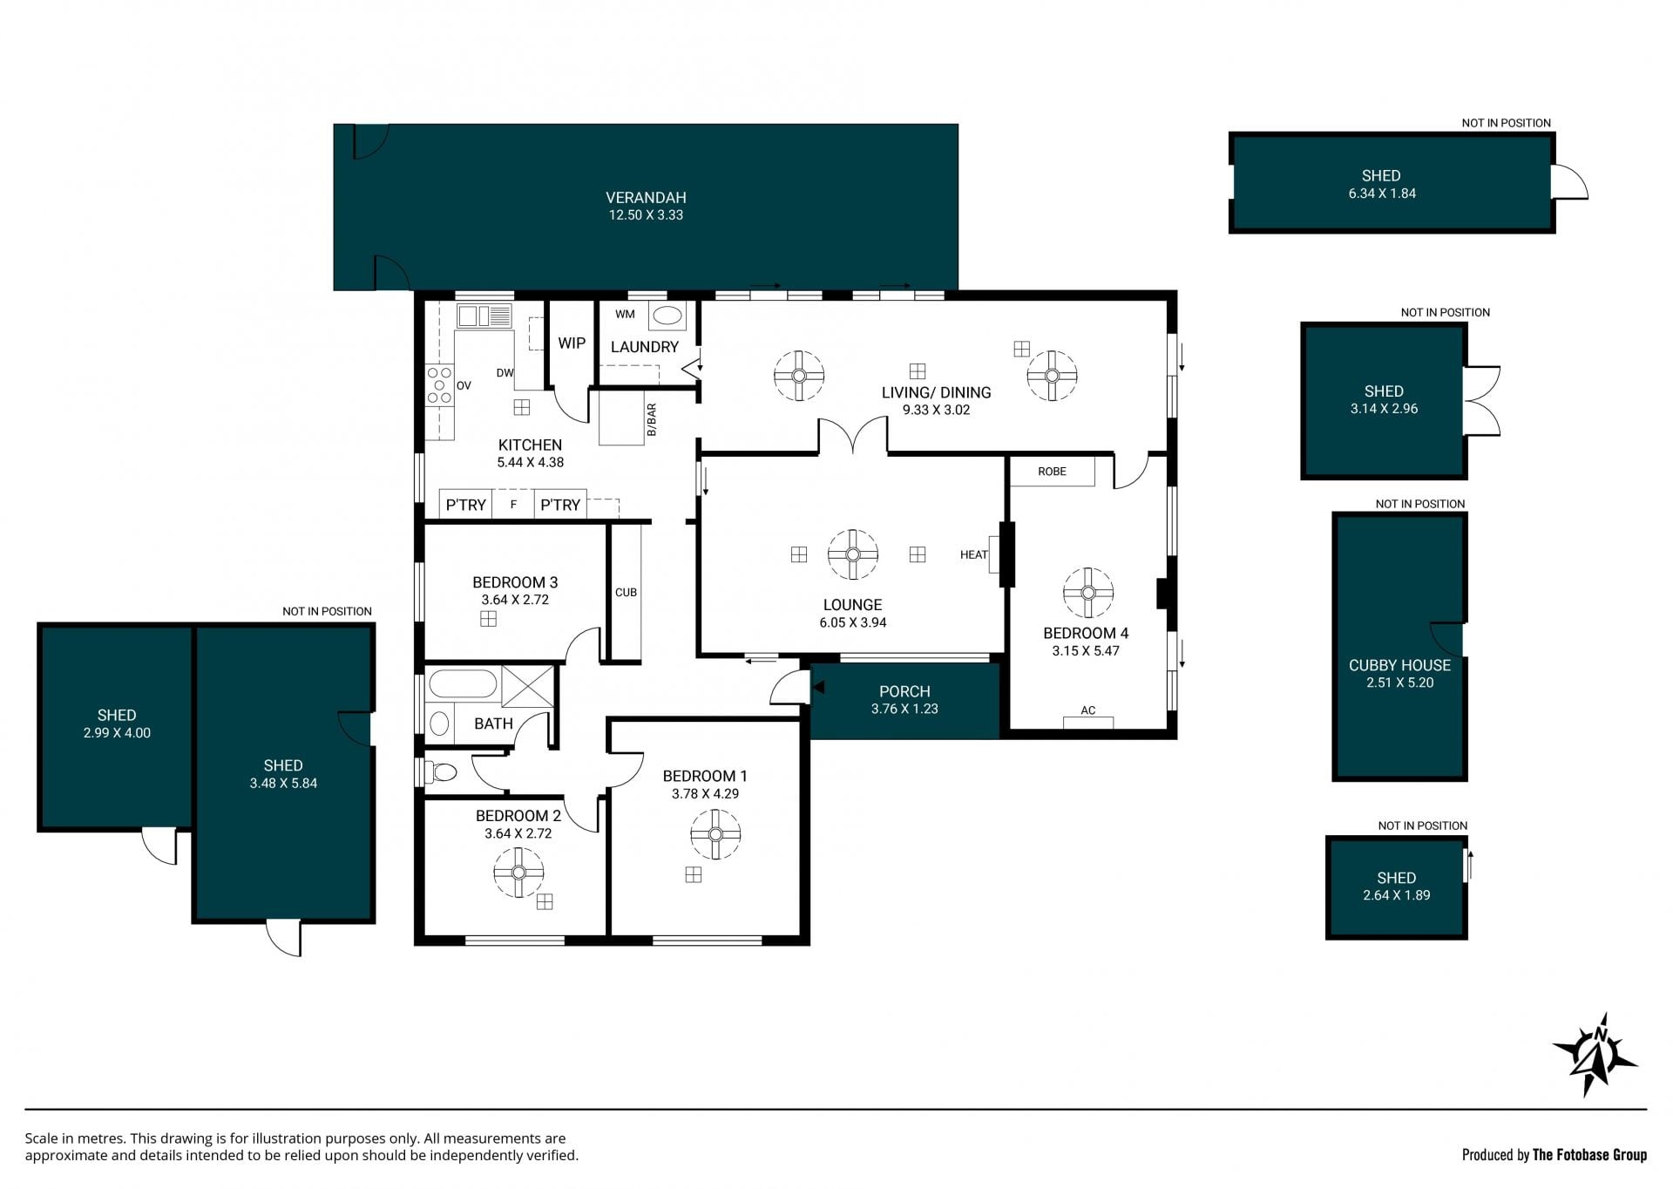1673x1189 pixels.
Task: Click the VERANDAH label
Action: [646, 198]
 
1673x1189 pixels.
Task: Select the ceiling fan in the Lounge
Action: [852, 554]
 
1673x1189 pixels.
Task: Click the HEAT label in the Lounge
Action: [973, 554]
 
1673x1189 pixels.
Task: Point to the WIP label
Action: [572, 343]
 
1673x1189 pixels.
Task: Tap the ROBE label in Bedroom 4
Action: [1052, 472]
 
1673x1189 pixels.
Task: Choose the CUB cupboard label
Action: [626, 593]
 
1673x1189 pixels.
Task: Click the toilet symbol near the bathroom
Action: [441, 772]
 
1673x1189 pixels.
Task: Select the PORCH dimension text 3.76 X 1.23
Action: [904, 710]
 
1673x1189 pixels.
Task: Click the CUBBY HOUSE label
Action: [1399, 665]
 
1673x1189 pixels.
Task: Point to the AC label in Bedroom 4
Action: [1087, 710]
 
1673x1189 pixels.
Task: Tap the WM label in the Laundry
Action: [625, 314]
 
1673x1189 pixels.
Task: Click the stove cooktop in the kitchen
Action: [439, 385]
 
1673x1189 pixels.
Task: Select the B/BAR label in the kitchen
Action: [652, 420]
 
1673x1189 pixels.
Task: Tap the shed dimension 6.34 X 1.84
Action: [1382, 194]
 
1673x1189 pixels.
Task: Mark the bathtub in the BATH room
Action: [463, 683]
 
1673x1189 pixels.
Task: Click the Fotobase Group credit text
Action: [1589, 1155]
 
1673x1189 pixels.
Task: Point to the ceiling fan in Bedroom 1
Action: [715, 834]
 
